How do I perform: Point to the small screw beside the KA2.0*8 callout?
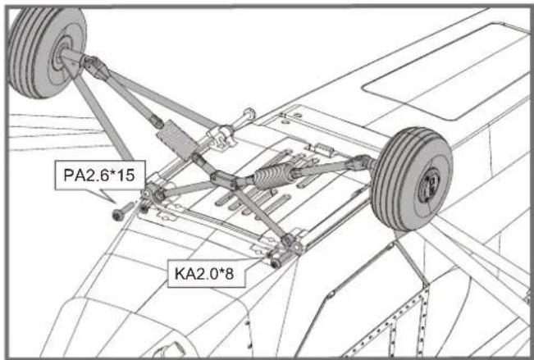(x=274, y=262)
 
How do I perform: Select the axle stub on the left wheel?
(x=68, y=56)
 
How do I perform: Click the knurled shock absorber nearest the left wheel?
(x=174, y=137)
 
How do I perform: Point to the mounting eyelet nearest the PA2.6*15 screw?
(x=153, y=195)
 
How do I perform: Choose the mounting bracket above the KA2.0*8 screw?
(x=291, y=244)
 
